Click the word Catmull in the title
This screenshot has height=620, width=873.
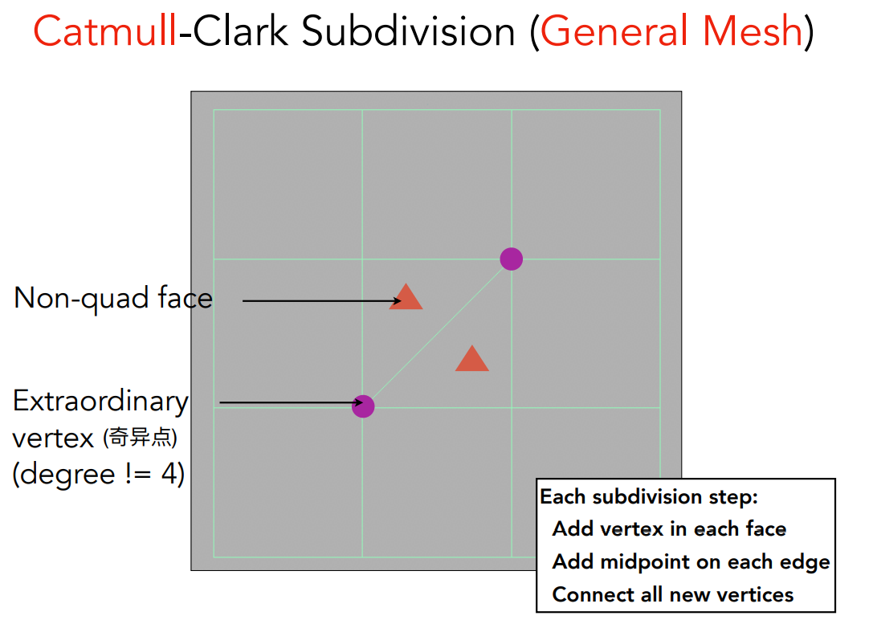104,32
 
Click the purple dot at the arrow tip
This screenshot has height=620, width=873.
364,406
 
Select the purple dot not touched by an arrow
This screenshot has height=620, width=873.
512,259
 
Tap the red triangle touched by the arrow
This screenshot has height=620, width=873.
406,298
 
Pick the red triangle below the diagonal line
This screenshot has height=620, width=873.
472,360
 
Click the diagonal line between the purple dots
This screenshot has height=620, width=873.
438,332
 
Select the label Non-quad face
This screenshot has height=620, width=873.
113,298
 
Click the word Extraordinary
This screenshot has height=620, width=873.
100,401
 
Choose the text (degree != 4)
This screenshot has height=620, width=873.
99,475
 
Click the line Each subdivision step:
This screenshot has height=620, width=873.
649,497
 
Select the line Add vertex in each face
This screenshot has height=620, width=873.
669,529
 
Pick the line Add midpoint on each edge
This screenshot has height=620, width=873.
691,562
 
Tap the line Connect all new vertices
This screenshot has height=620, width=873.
673,595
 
